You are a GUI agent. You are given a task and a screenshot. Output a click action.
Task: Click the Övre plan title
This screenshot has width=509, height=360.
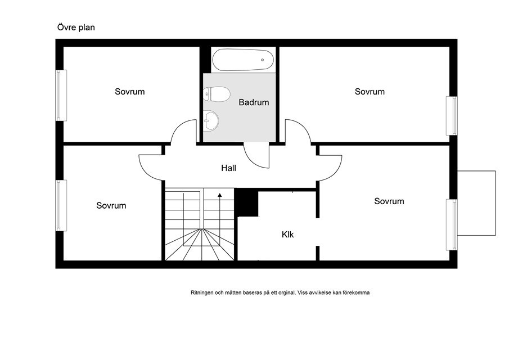pyautogui.click(x=76, y=28)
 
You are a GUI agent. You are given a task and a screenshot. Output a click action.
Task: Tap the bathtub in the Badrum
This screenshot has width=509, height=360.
pyautogui.click(x=243, y=60)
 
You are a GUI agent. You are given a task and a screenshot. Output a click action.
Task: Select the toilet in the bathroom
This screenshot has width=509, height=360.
pyautogui.click(x=217, y=94)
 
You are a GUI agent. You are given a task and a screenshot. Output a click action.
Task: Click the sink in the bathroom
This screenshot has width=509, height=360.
pyautogui.click(x=211, y=121)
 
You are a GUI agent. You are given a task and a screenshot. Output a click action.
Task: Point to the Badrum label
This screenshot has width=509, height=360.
pyautogui.click(x=254, y=102)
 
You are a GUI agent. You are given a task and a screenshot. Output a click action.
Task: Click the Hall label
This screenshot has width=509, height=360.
pyautogui.click(x=228, y=168)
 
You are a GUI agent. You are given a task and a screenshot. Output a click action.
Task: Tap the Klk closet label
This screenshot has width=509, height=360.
pyautogui.click(x=287, y=235)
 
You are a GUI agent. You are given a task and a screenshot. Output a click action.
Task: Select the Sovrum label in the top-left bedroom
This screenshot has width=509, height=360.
pyautogui.click(x=129, y=92)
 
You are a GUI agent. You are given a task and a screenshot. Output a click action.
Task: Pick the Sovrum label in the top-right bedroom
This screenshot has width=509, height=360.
pyautogui.click(x=370, y=92)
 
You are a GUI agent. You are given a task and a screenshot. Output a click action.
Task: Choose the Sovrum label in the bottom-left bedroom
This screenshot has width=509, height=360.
pyautogui.click(x=111, y=205)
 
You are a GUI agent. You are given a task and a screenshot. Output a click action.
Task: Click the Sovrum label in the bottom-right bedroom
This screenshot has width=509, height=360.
pyautogui.click(x=389, y=201)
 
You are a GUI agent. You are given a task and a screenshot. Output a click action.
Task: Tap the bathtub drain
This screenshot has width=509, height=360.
pyautogui.click(x=262, y=60)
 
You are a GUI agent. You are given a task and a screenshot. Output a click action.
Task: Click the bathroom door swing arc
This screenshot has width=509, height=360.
pyautogui.click(x=251, y=160)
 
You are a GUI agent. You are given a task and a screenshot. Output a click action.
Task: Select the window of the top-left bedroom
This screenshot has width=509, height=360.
pyautogui.click(x=61, y=96)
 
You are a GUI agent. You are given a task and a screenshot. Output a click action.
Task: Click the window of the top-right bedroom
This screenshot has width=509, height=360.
pyautogui.click(x=452, y=116)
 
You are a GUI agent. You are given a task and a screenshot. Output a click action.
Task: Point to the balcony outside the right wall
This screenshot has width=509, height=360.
pyautogui.click(x=476, y=203)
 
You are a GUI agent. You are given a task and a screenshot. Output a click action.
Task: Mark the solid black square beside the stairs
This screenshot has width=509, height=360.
pyautogui.click(x=246, y=202)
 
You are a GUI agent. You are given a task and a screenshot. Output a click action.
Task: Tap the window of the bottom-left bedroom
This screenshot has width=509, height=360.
pyautogui.click(x=61, y=205)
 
